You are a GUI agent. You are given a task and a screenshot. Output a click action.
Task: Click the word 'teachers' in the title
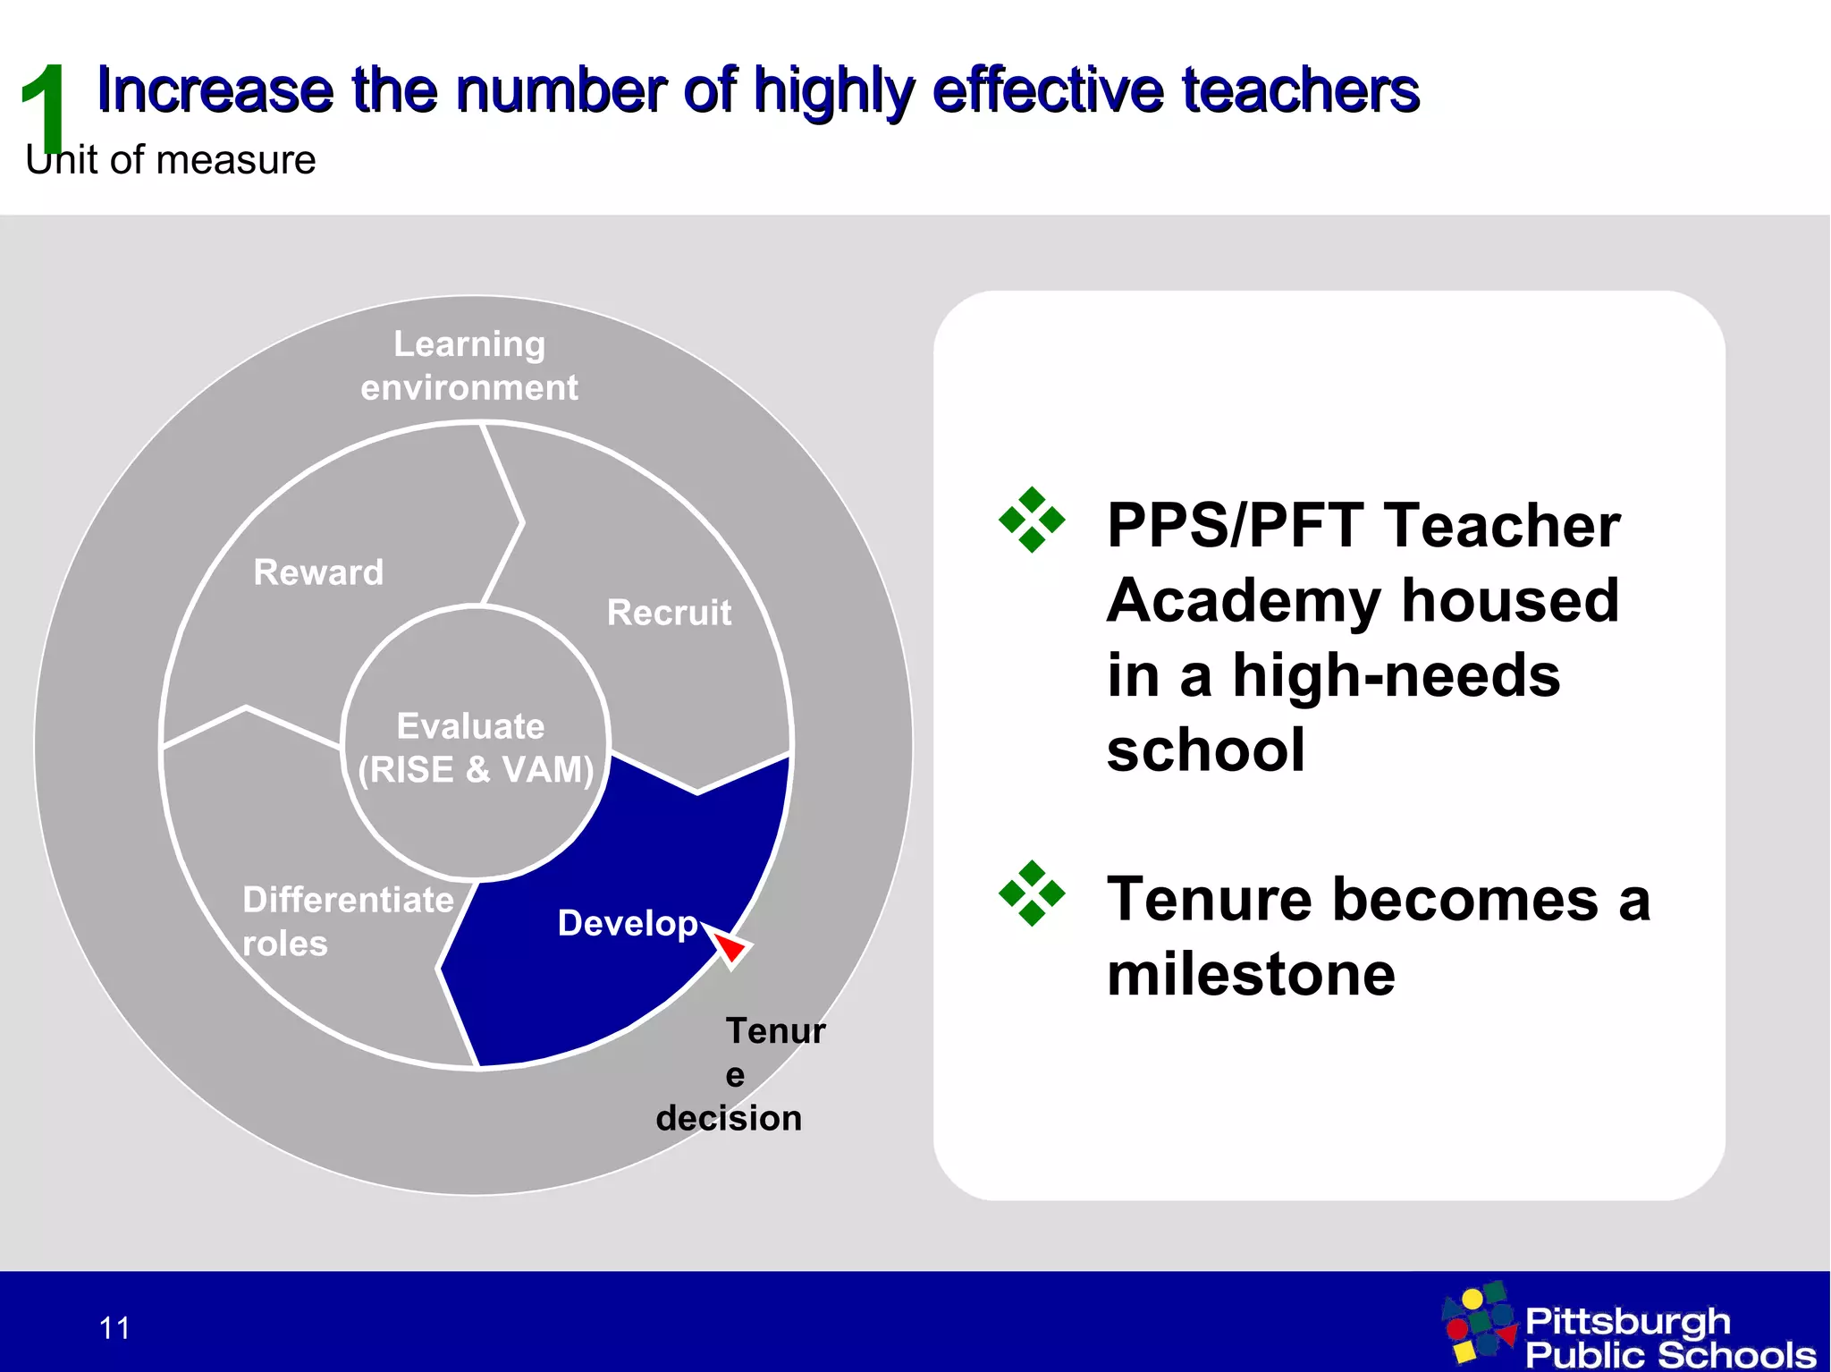click(x=1300, y=90)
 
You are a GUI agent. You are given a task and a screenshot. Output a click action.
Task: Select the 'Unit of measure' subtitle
click(x=171, y=161)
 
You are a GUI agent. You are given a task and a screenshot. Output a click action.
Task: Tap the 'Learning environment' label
click(x=469, y=366)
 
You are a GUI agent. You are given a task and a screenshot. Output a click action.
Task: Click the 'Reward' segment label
click(x=318, y=572)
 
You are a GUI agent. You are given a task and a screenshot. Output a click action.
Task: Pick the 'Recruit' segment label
click(x=669, y=613)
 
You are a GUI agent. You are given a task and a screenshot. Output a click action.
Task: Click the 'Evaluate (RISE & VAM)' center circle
click(x=475, y=747)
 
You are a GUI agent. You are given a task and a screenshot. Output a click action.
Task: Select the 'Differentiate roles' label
click(x=347, y=920)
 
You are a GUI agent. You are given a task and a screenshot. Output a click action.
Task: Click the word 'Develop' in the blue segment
click(x=627, y=923)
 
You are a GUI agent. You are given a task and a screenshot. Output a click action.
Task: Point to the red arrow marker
click(x=731, y=946)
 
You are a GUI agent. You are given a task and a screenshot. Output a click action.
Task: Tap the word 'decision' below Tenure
click(x=729, y=1118)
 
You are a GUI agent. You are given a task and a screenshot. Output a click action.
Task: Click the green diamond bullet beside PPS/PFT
click(x=1032, y=520)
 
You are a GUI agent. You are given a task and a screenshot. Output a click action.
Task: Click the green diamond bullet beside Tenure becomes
click(x=1032, y=893)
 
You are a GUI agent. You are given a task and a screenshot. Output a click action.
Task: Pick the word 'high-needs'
click(x=1396, y=675)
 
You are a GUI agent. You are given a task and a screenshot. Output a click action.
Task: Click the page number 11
click(x=114, y=1328)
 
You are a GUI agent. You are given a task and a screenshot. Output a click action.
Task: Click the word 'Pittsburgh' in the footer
click(x=1627, y=1321)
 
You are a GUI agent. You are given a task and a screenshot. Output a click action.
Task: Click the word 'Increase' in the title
click(x=215, y=90)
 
